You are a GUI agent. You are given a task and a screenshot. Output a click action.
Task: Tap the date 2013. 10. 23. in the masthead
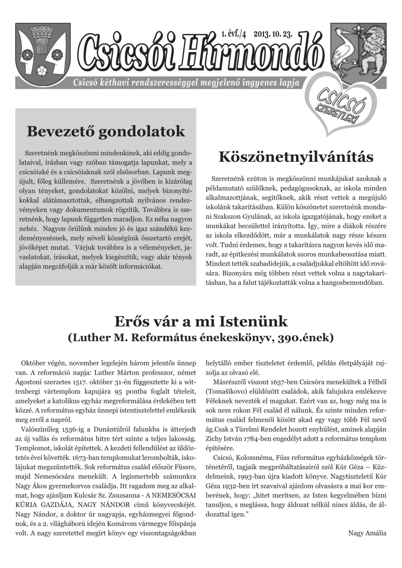(273, 34)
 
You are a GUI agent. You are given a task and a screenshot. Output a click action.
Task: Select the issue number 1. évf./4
(234, 34)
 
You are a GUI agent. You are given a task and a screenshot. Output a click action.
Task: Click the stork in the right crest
(344, 53)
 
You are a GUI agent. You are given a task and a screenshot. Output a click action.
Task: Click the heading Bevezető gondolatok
(106, 131)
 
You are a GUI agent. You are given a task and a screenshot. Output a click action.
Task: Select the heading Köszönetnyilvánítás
(296, 157)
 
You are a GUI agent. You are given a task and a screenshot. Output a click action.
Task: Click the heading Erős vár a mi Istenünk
(201, 321)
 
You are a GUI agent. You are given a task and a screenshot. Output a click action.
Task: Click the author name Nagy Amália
(367, 533)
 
